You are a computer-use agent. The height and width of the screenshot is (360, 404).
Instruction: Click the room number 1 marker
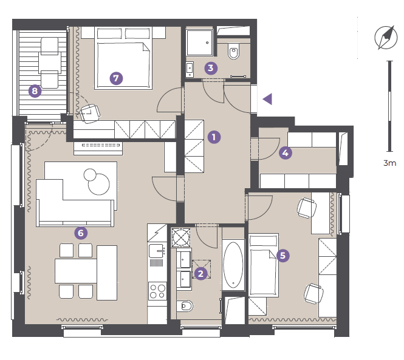coord(214,137)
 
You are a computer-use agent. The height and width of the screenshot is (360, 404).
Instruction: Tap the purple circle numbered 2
coord(200,273)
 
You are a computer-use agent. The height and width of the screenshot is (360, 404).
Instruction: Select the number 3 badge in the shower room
coord(211,68)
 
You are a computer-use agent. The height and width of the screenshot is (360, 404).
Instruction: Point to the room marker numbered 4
coord(285,153)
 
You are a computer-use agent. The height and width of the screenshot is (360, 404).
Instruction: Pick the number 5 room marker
coord(282,256)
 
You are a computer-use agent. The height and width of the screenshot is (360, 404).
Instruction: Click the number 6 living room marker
coord(81,233)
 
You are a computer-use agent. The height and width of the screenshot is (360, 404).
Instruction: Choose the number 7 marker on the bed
coord(116,78)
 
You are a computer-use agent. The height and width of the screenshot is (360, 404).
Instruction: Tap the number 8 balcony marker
coord(35,91)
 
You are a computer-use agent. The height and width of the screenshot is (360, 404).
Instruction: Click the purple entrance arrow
coord(267,99)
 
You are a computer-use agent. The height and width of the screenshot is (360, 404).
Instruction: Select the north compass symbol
coord(386,38)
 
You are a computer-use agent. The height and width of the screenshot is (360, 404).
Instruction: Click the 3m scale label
coord(389,163)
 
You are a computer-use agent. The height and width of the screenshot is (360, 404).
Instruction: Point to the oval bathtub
coord(233,265)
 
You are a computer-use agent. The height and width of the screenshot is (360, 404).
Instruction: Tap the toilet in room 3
coord(234,51)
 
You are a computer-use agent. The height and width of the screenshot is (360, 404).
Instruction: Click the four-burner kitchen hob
coord(157,291)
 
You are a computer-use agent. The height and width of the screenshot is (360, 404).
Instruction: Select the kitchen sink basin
coord(156,251)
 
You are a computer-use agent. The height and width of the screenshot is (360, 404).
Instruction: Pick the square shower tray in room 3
coord(200,42)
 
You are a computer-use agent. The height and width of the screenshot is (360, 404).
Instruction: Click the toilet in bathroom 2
coord(185,306)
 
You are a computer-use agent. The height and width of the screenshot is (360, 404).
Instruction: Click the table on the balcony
coord(50,63)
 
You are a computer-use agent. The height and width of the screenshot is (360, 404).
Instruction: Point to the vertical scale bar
coord(390,106)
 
